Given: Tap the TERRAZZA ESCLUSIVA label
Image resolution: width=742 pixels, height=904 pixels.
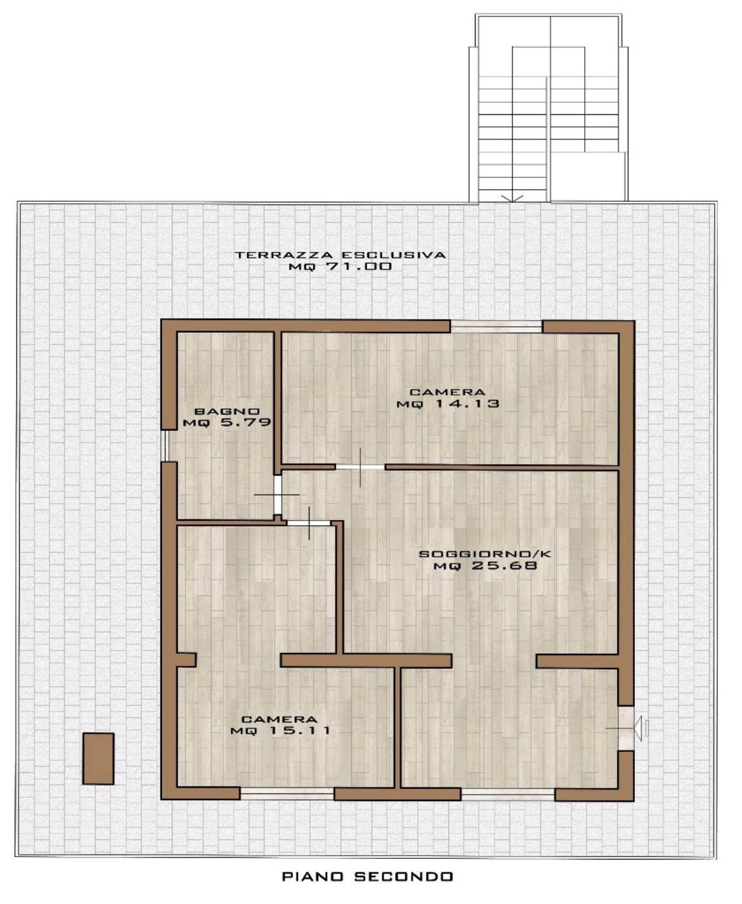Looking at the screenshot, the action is pos(341,255).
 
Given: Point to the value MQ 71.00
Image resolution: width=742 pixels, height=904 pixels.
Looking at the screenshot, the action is pos(341,267).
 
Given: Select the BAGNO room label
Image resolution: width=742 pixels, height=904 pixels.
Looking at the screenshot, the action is pos(227,412).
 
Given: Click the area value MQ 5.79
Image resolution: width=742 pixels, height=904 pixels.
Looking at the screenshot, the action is pos(227,423).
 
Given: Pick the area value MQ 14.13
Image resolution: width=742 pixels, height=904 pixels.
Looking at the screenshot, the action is pos(448,404).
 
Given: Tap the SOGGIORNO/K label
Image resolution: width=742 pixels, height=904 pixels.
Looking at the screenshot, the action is pos(485,554).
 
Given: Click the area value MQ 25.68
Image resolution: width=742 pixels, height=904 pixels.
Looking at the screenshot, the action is pos(485,566).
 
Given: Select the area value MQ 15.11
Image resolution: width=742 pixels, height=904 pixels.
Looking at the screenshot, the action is pos(280,731).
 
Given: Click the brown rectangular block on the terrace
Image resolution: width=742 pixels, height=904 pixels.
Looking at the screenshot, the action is pos(98,759).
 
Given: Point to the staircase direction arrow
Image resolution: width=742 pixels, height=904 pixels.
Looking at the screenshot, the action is pos(512,198).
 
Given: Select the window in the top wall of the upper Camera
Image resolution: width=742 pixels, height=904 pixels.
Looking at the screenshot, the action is pos(496,327).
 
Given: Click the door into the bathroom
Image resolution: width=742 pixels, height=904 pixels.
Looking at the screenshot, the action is pos(278,495).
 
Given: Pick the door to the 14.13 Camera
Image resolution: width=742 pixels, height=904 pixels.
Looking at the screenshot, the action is pos(360,467).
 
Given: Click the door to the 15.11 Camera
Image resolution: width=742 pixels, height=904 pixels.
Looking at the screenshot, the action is pos(309,523).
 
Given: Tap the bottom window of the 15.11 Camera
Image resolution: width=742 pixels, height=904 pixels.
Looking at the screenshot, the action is pos(287,794).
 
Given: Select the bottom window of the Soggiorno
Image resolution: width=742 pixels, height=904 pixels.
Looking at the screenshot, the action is pos(508,794).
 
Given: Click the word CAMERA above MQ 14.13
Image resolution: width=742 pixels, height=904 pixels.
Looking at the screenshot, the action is pos(448,392).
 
